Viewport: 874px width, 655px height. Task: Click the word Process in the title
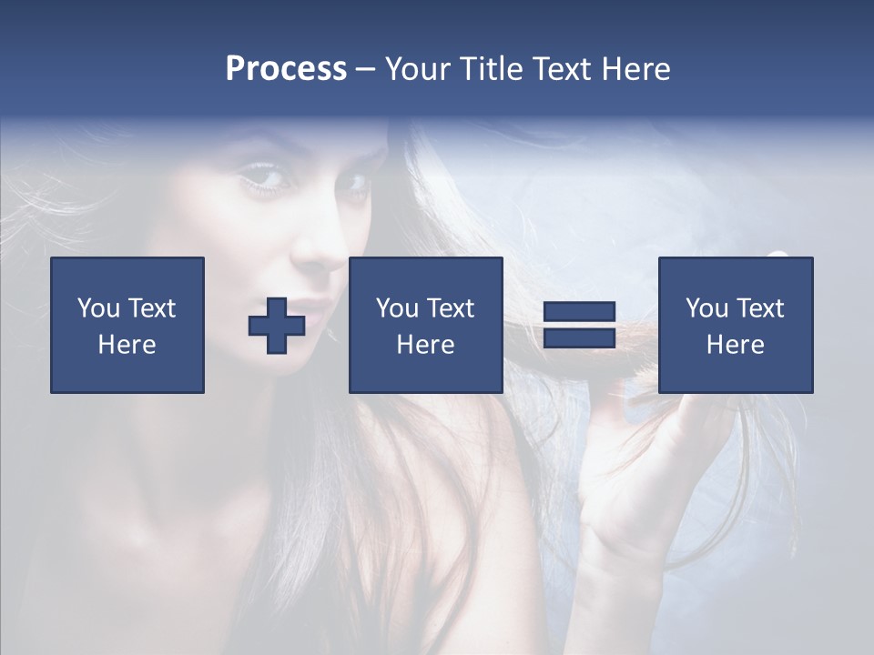(x=286, y=69)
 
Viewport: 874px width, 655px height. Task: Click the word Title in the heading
(x=489, y=69)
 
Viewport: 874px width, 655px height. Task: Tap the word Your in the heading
(x=417, y=69)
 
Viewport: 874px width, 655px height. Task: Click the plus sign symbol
(x=277, y=326)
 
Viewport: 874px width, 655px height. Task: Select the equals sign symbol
(x=579, y=325)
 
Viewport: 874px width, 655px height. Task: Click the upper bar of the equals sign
(x=579, y=312)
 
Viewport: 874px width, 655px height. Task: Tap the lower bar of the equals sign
(x=579, y=338)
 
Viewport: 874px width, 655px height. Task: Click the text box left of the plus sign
(x=127, y=325)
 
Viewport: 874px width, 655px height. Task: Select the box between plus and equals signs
(x=425, y=325)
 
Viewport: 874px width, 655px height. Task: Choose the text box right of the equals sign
(x=735, y=325)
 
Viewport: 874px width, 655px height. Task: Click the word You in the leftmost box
(x=97, y=308)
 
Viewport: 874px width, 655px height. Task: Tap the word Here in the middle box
(x=425, y=345)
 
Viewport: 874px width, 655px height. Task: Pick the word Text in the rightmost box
(x=761, y=308)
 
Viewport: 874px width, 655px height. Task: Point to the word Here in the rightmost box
(x=735, y=345)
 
